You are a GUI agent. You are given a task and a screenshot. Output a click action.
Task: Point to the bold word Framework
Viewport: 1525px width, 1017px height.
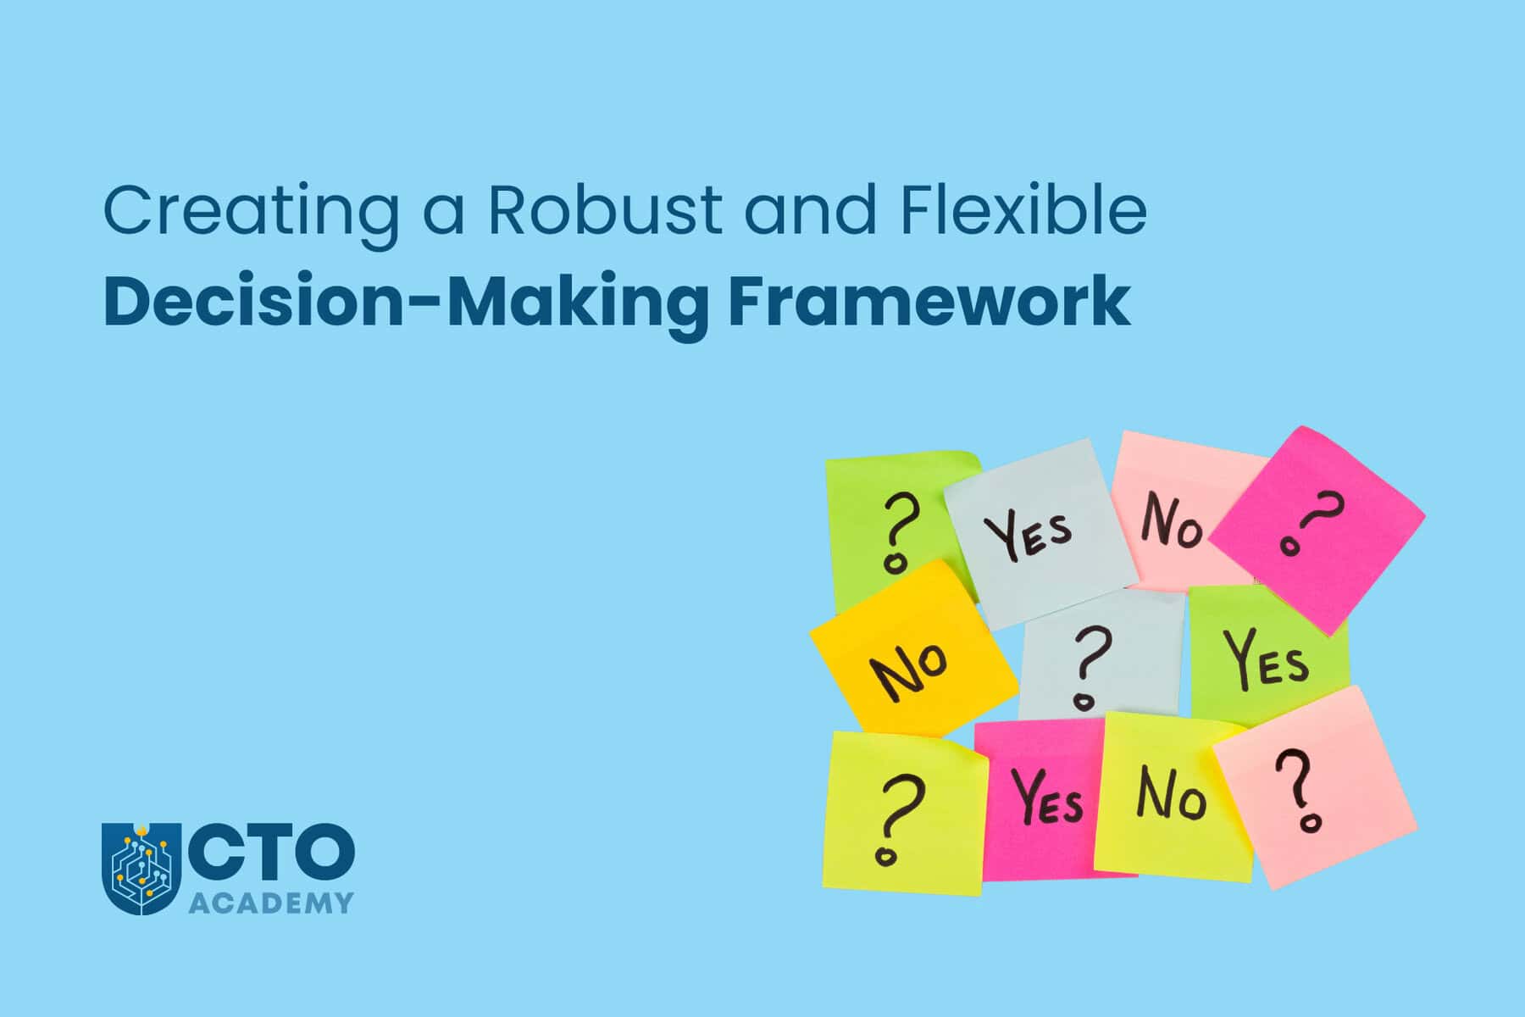click(x=929, y=300)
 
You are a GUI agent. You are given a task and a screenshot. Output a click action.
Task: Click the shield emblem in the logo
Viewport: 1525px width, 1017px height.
click(x=136, y=869)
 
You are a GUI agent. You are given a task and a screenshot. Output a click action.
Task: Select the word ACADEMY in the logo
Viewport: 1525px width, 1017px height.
click(x=270, y=903)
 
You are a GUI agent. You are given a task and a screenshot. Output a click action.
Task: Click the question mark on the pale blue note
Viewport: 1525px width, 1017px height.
click(x=1090, y=666)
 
